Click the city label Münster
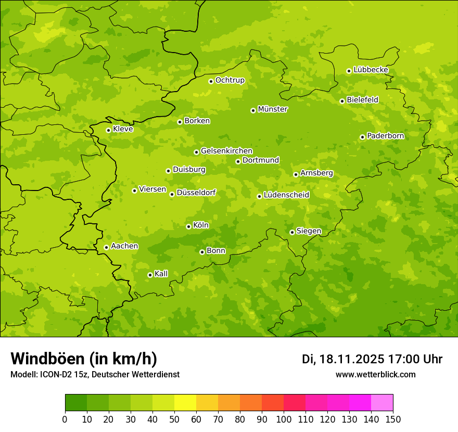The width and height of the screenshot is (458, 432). pyautogui.click(x=273, y=109)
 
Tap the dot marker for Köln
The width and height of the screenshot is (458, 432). pyautogui.click(x=188, y=226)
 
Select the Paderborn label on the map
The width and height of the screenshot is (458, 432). pyautogui.click(x=386, y=136)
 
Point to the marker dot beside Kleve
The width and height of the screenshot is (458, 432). pyautogui.click(x=108, y=130)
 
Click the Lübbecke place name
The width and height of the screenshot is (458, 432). pyautogui.click(x=371, y=70)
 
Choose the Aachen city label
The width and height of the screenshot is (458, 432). pyautogui.click(x=124, y=246)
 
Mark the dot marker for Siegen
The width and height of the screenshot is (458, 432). pyautogui.click(x=292, y=232)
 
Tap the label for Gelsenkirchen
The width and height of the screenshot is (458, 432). pyautogui.click(x=226, y=151)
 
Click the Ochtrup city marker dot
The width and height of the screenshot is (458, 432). pyautogui.click(x=211, y=81)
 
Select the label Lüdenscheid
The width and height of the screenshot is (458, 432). pyautogui.click(x=286, y=195)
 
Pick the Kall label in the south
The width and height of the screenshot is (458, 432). pyautogui.click(x=161, y=274)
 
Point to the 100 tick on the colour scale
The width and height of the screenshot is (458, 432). pyautogui.click(x=284, y=419)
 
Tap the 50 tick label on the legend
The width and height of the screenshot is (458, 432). pyautogui.click(x=174, y=419)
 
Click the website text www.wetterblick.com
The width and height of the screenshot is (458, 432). pyautogui.click(x=376, y=374)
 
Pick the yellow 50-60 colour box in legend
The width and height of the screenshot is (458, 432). pyautogui.click(x=185, y=403)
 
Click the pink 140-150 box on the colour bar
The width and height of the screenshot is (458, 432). pyautogui.click(x=382, y=403)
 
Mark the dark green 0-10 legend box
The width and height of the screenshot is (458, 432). pyautogui.click(x=76, y=403)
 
